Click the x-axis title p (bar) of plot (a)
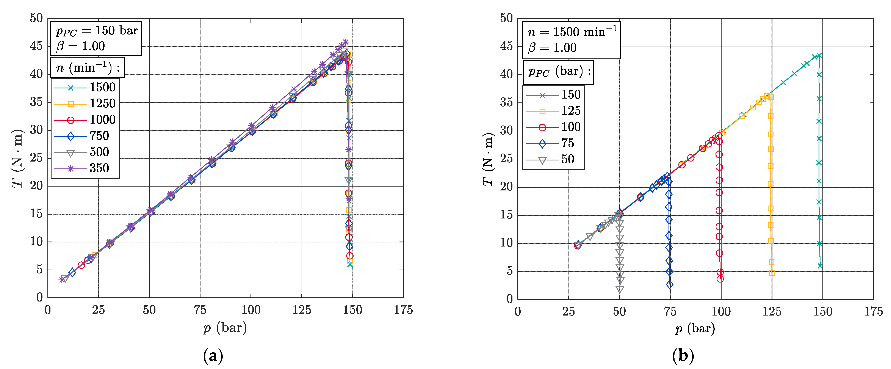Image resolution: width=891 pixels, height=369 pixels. coord(225,327)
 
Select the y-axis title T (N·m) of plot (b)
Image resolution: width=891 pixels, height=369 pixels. coord(488,159)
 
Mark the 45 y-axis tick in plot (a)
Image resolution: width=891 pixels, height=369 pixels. coord(36,46)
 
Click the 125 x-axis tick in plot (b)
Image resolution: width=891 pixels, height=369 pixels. coord(772,312)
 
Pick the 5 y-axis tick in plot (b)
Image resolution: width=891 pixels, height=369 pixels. coord(509,271)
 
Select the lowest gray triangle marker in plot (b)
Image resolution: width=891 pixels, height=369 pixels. coord(620,289)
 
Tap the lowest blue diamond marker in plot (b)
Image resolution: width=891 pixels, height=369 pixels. coord(670,284)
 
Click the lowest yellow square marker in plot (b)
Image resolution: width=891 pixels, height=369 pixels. coord(771,273)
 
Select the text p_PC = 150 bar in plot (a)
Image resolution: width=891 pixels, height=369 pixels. coord(97,31)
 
